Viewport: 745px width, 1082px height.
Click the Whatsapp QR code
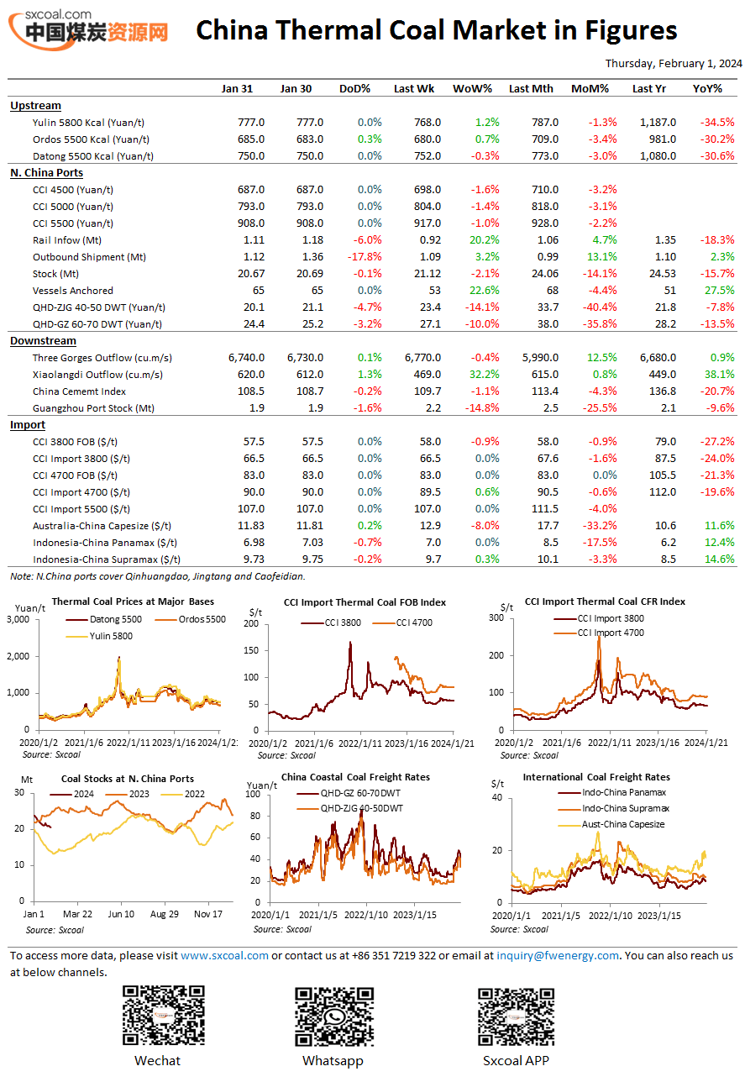coord(334,1016)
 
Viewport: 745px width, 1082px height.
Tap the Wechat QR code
coord(163,1015)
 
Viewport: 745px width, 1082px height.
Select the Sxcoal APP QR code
coord(516,1016)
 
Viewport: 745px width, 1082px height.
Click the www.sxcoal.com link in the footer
coord(224,955)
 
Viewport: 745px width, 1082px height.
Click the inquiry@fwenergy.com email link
coord(557,955)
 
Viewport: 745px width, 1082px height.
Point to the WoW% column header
coord(472,89)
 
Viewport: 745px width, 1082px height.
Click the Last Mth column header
coord(531,89)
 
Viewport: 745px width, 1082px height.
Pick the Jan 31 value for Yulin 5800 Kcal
coord(250,123)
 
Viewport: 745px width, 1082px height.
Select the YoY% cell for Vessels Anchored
coord(719,291)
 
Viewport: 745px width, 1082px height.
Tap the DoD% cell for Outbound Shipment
coord(365,257)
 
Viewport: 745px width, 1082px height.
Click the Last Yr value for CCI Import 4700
coord(662,491)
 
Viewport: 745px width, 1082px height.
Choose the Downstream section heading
coord(43,341)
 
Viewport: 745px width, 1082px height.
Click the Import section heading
coord(28,425)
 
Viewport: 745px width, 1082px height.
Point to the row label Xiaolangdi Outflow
coord(97,375)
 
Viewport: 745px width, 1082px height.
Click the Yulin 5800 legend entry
coord(99,636)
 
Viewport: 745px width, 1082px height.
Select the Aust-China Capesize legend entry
coord(611,825)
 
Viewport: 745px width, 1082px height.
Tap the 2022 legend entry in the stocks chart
coord(182,794)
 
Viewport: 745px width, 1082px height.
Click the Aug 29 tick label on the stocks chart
coord(164,914)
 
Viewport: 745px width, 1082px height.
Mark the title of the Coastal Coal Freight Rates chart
coord(355,777)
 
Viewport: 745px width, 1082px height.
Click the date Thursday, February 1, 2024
coord(674,63)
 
